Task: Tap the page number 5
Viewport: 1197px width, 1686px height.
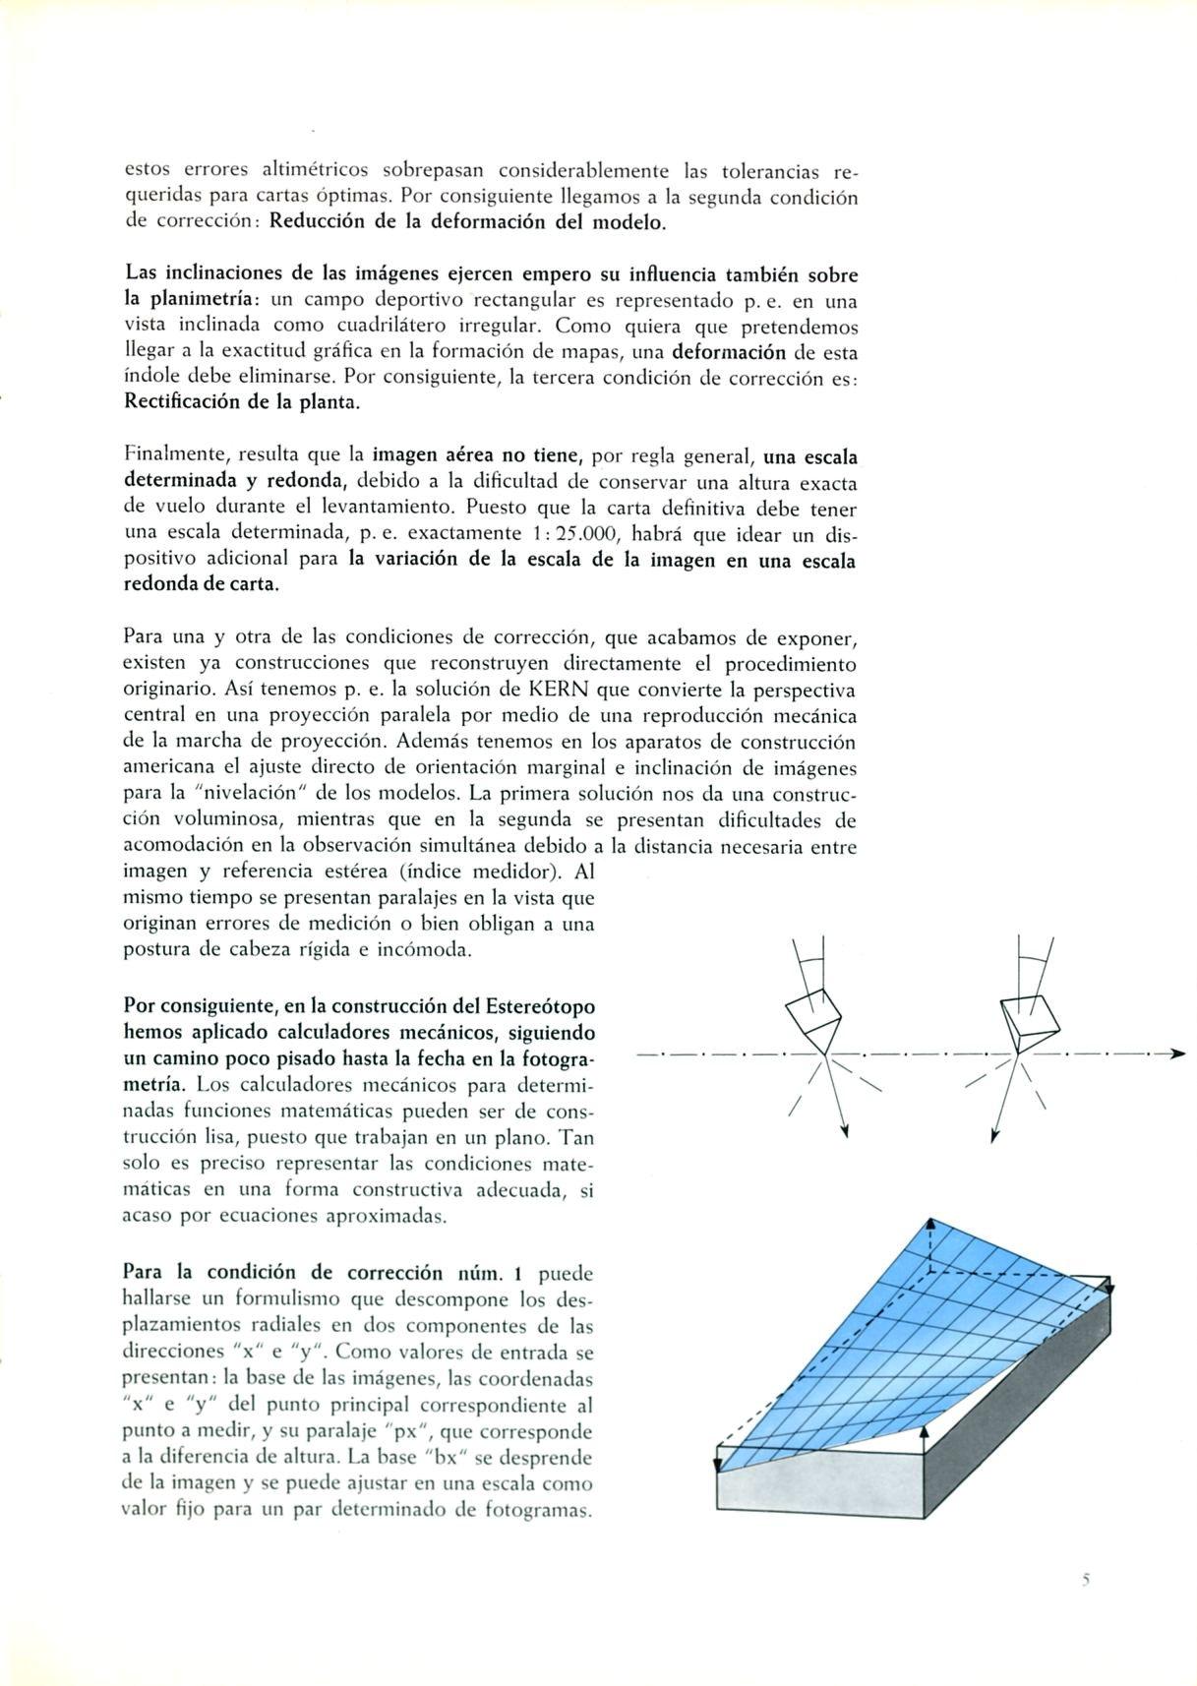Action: [x=1087, y=1581]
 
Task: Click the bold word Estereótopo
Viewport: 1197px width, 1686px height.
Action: [x=540, y=1006]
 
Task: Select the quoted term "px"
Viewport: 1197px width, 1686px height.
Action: [x=404, y=1431]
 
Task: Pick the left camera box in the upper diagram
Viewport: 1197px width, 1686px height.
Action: [x=813, y=1022]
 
